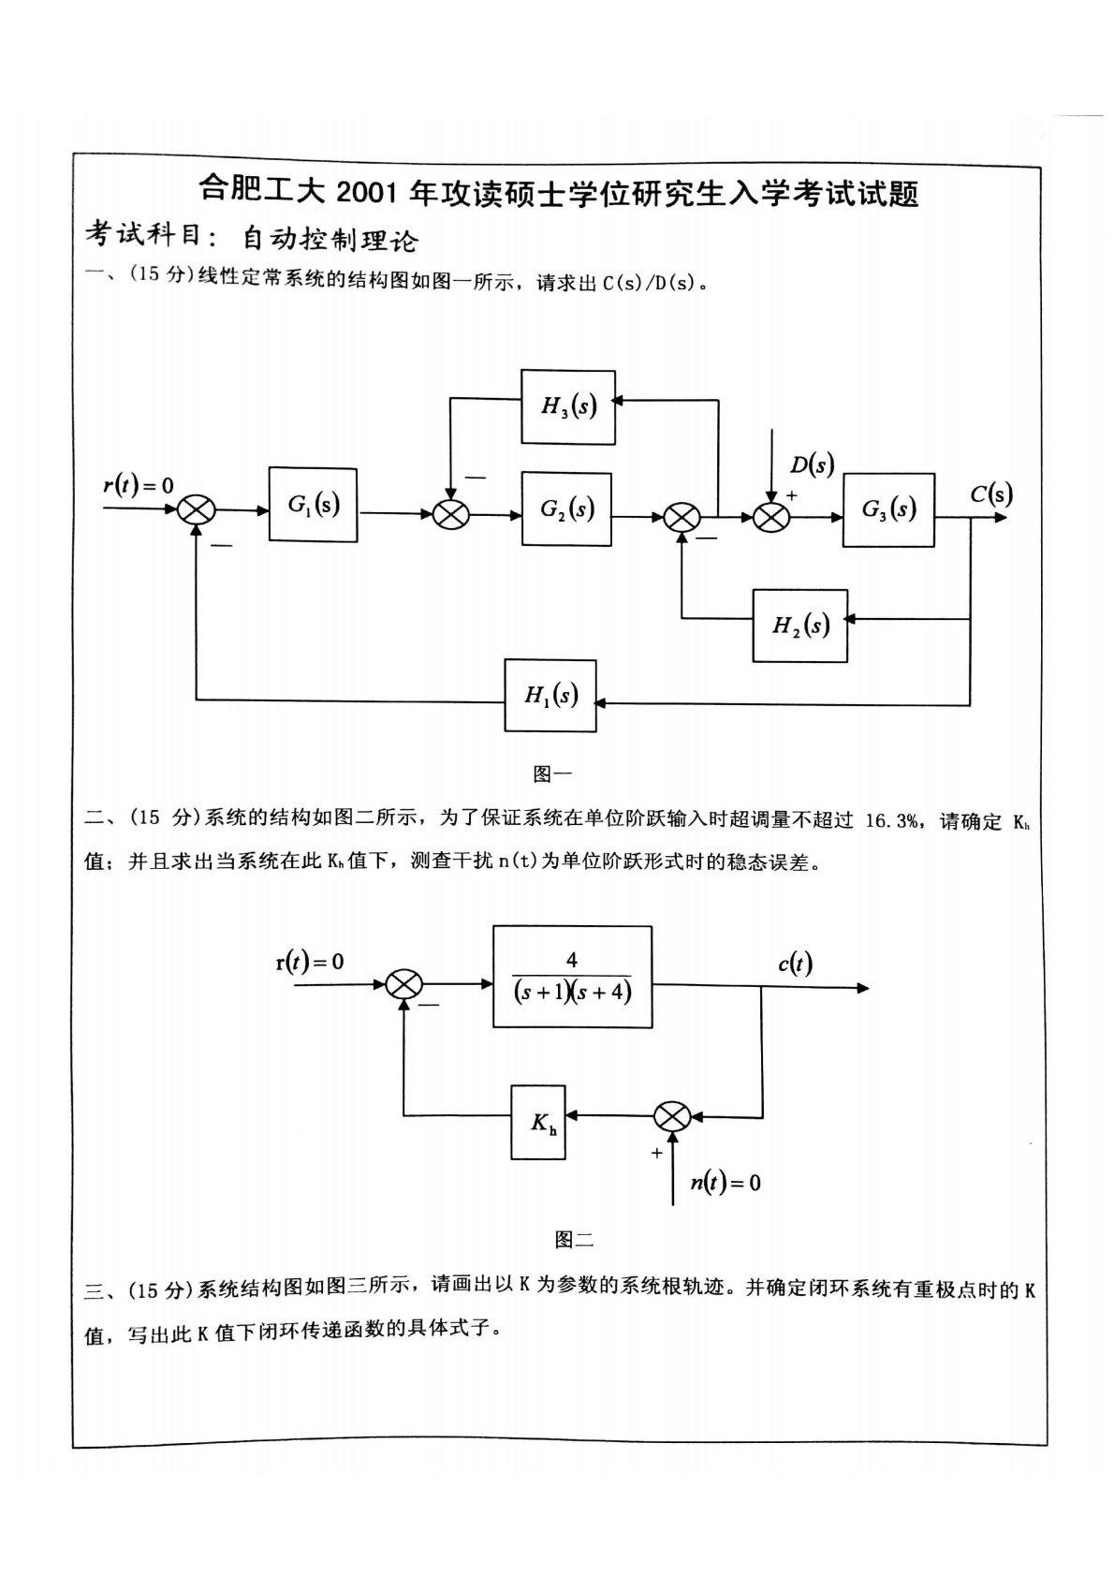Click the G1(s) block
[x=313, y=505]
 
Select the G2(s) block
[x=566, y=509]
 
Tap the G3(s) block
[x=887, y=509]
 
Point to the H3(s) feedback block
[x=568, y=405]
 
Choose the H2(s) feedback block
[x=800, y=626]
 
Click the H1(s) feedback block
[x=550, y=695]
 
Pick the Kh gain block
[x=538, y=1122]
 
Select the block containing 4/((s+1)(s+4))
[x=572, y=977]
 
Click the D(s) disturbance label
[x=811, y=464]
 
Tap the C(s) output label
[x=990, y=493]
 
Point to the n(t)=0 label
[x=726, y=1183]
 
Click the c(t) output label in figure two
[x=795, y=963]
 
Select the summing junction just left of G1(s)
[x=197, y=510]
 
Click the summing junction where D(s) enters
[x=771, y=516]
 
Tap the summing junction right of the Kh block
[x=672, y=1116]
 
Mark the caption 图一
[x=551, y=773]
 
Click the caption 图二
[x=574, y=1240]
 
